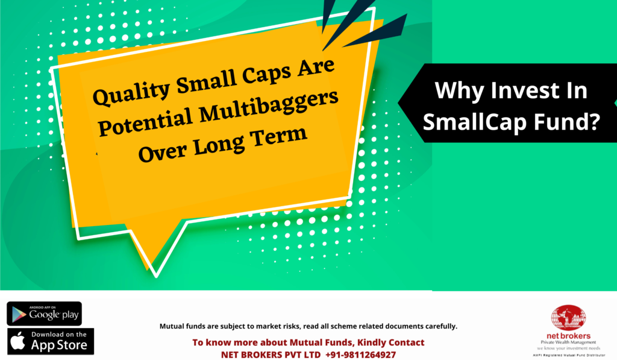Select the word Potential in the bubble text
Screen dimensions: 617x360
145,122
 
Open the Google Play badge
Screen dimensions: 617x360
45,314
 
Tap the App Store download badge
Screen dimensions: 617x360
51,341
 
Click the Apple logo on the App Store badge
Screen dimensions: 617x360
17,340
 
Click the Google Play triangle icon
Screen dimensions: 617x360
19,314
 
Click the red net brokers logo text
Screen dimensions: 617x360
568,336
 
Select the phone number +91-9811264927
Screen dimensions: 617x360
360,355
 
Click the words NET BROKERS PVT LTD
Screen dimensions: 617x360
271,355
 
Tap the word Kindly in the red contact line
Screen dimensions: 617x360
371,343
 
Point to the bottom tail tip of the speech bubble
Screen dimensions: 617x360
156,277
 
